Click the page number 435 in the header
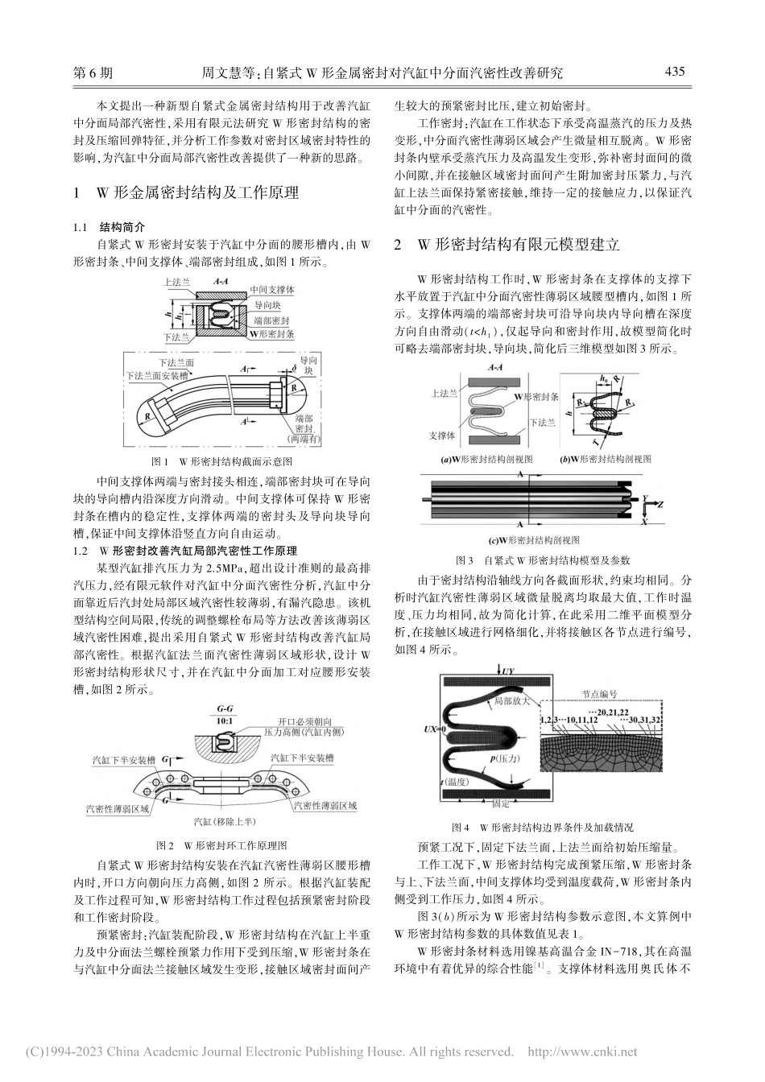(674, 72)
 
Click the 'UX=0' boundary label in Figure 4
(433, 729)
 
